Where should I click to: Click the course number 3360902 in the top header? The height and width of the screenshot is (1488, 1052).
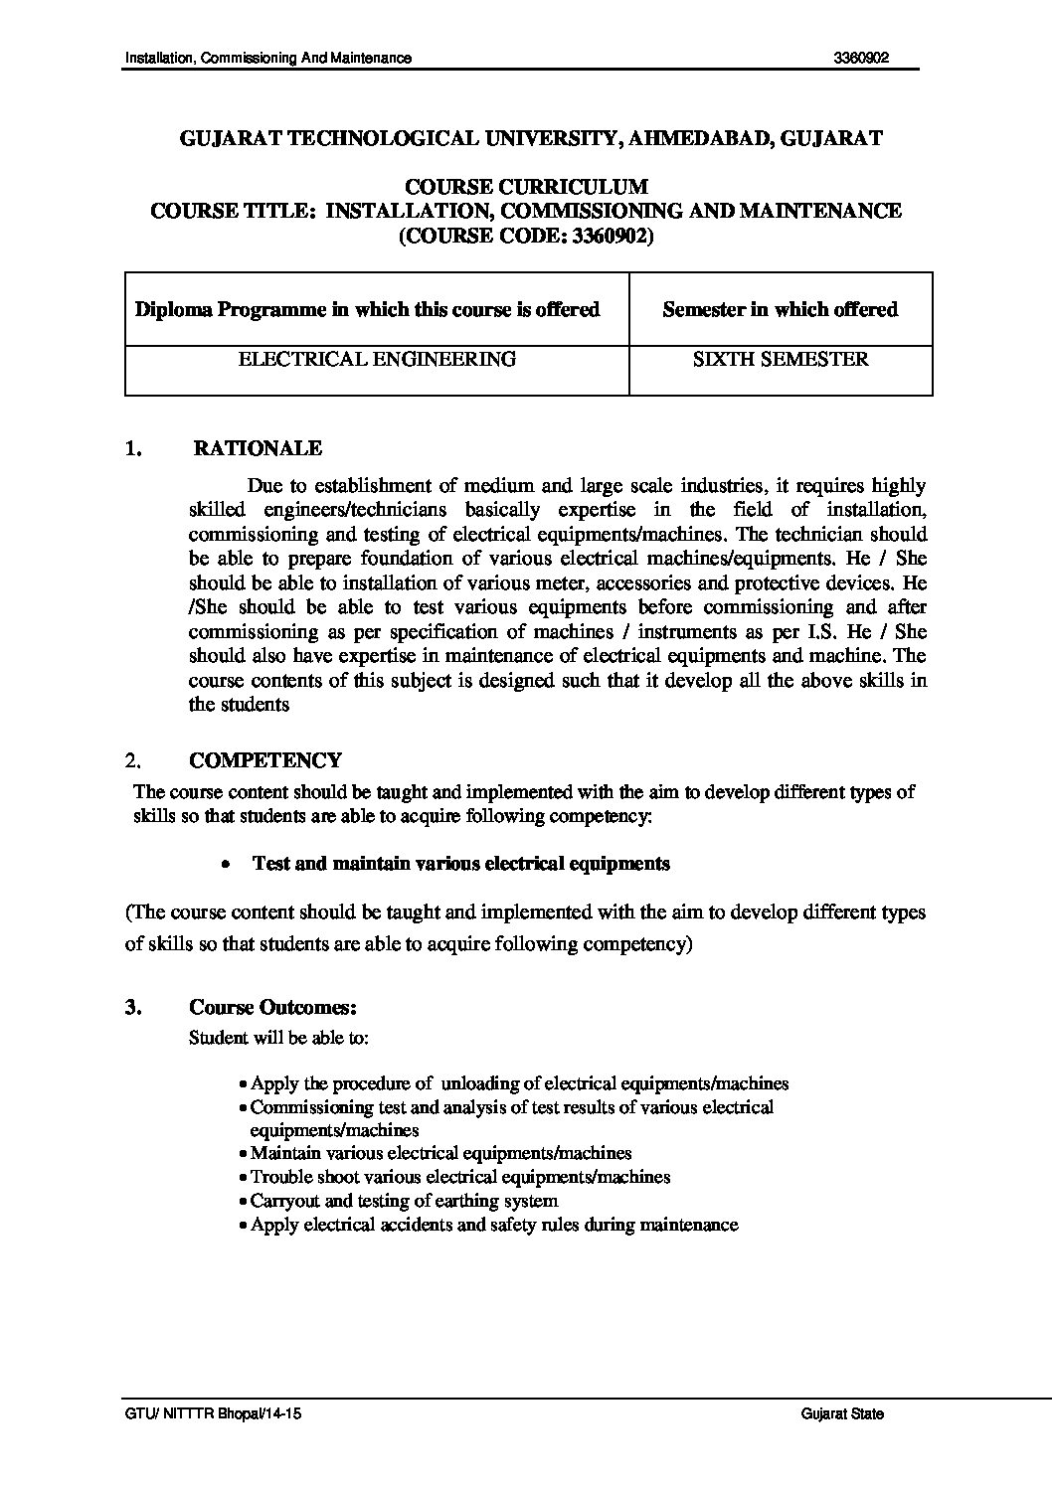pyautogui.click(x=860, y=58)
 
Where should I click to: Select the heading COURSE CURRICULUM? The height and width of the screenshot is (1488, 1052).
pyautogui.click(x=526, y=187)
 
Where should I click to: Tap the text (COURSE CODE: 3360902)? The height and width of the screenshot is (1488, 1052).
pyautogui.click(x=526, y=236)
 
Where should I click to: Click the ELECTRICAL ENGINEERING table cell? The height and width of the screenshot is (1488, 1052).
pyautogui.click(x=377, y=360)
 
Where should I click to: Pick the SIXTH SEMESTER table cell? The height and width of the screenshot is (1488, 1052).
pyautogui.click(x=781, y=360)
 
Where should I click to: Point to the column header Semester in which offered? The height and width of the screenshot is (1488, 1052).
pyautogui.click(x=781, y=309)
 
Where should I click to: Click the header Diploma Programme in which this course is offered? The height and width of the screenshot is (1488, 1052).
pyautogui.click(x=367, y=309)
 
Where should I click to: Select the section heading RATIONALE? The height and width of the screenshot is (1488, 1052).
pyautogui.click(x=258, y=448)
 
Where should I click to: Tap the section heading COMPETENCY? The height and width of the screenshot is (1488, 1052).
pyautogui.click(x=265, y=761)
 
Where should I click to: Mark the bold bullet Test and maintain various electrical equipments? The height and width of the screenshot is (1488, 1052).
pyautogui.click(x=461, y=864)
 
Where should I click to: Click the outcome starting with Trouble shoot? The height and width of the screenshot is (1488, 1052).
pyautogui.click(x=459, y=1177)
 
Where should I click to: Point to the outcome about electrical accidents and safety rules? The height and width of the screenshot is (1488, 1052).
pyautogui.click(x=494, y=1225)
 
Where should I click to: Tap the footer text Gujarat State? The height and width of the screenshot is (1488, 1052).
pyautogui.click(x=841, y=1413)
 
